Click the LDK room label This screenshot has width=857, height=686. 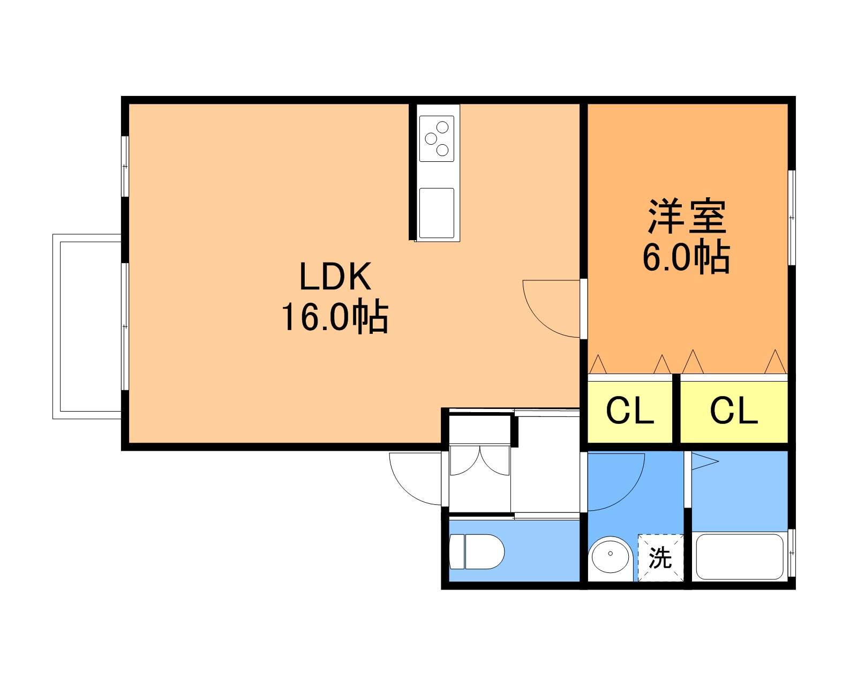click(335, 276)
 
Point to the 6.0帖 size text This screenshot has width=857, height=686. click(686, 256)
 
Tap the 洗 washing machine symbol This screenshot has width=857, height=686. click(660, 557)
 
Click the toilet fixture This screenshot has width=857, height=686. click(477, 551)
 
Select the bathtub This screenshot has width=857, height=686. click(740, 557)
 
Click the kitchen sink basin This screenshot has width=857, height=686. click(437, 213)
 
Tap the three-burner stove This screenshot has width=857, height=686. click(437, 138)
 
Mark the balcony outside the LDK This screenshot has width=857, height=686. click(87, 326)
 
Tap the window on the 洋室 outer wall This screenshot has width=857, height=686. click(792, 217)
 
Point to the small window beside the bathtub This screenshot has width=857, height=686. click(792, 553)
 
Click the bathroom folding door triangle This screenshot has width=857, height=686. click(704, 461)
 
